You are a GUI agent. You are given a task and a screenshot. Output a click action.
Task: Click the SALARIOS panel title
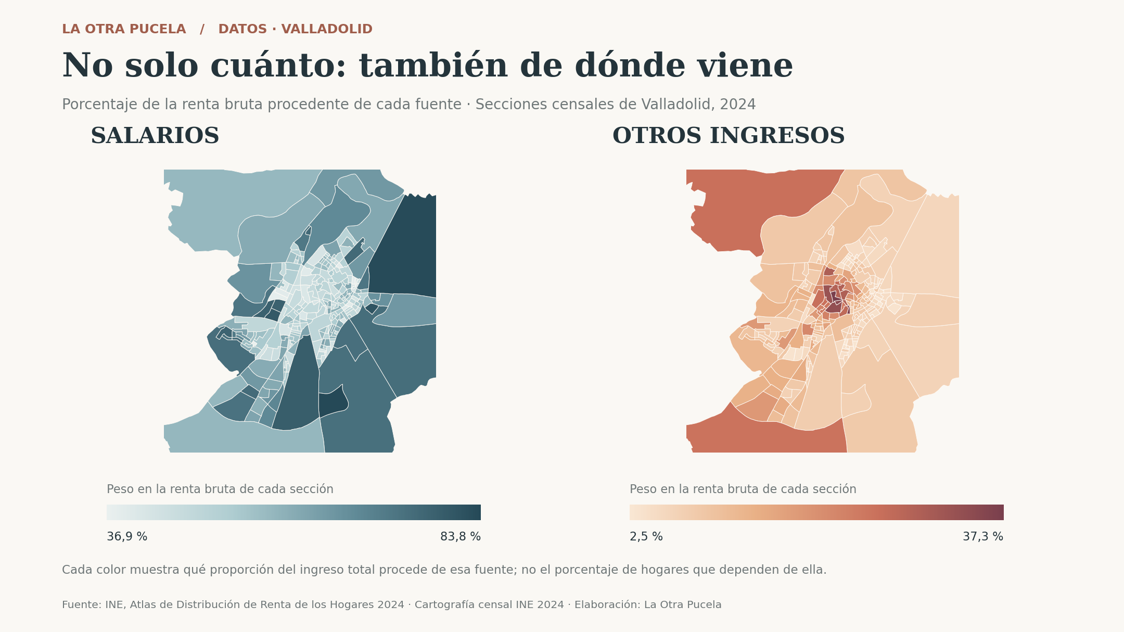click(x=155, y=136)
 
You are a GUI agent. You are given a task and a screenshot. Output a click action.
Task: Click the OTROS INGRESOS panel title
click(x=729, y=136)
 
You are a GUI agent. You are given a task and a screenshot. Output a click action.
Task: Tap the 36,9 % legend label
click(x=127, y=537)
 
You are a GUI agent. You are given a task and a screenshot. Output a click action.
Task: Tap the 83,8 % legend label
click(x=461, y=537)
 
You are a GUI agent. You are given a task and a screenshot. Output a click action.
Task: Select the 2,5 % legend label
click(x=646, y=537)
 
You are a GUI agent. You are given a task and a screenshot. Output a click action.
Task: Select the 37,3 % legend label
click(x=983, y=537)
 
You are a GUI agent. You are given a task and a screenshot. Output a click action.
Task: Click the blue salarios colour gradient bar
click(x=293, y=512)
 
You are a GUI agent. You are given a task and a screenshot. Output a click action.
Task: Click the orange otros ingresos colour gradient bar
click(x=816, y=512)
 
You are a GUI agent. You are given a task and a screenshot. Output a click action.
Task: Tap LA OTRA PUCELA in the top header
click(x=124, y=30)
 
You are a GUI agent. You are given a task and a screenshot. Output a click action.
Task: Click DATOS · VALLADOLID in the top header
click(x=295, y=30)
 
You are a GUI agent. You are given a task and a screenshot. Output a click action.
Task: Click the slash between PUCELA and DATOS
click(x=202, y=30)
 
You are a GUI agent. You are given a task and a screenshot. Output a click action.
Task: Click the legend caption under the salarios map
click(x=220, y=489)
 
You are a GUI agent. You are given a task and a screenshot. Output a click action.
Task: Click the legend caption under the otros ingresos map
click(x=743, y=489)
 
